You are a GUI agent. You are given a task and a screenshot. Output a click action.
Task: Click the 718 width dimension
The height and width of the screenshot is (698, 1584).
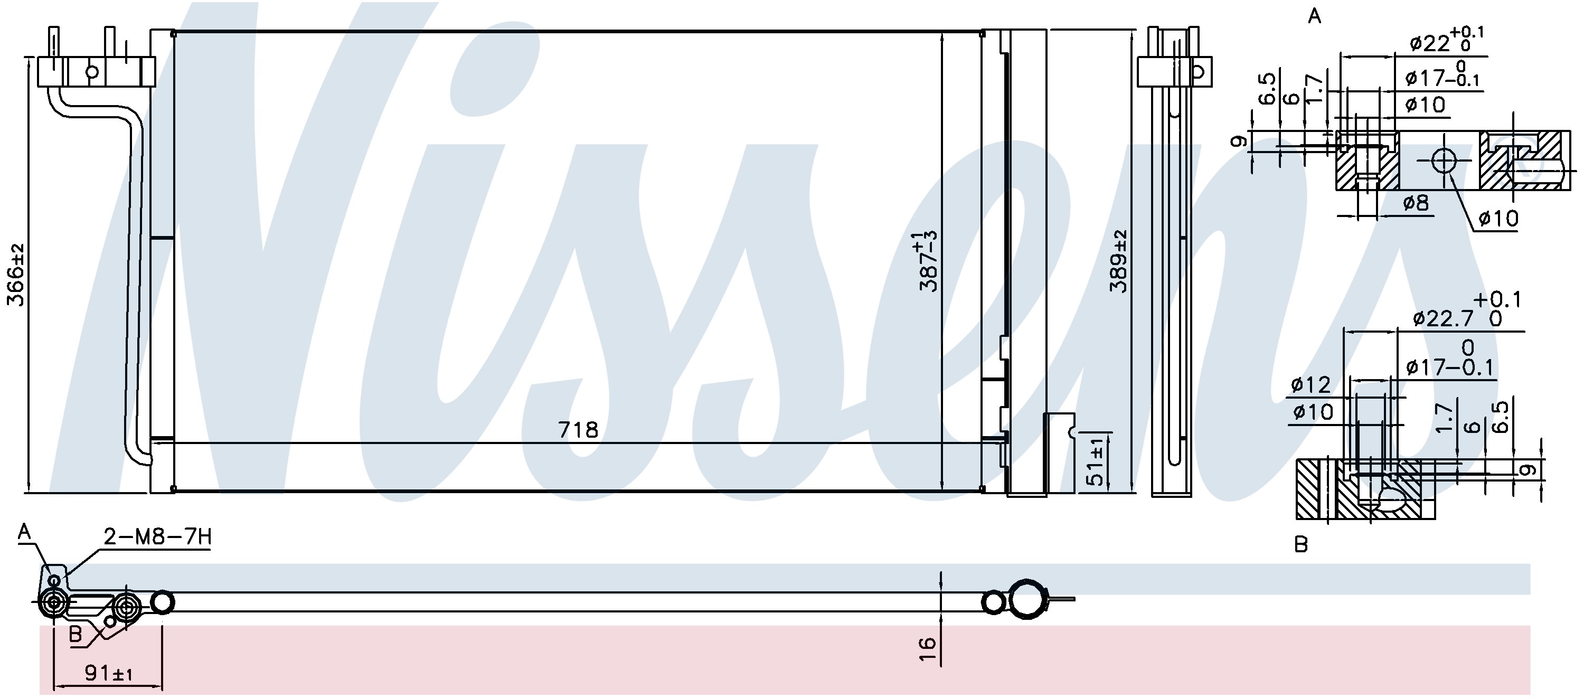(x=578, y=429)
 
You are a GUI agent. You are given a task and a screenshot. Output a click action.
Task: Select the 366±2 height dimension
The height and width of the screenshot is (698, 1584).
(x=15, y=274)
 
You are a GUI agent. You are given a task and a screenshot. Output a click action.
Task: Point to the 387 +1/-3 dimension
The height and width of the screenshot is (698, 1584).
(x=927, y=261)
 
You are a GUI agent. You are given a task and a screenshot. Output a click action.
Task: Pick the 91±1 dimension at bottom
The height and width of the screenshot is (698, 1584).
(x=109, y=673)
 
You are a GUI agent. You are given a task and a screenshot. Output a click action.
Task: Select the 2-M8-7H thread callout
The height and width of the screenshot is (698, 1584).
(x=157, y=537)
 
